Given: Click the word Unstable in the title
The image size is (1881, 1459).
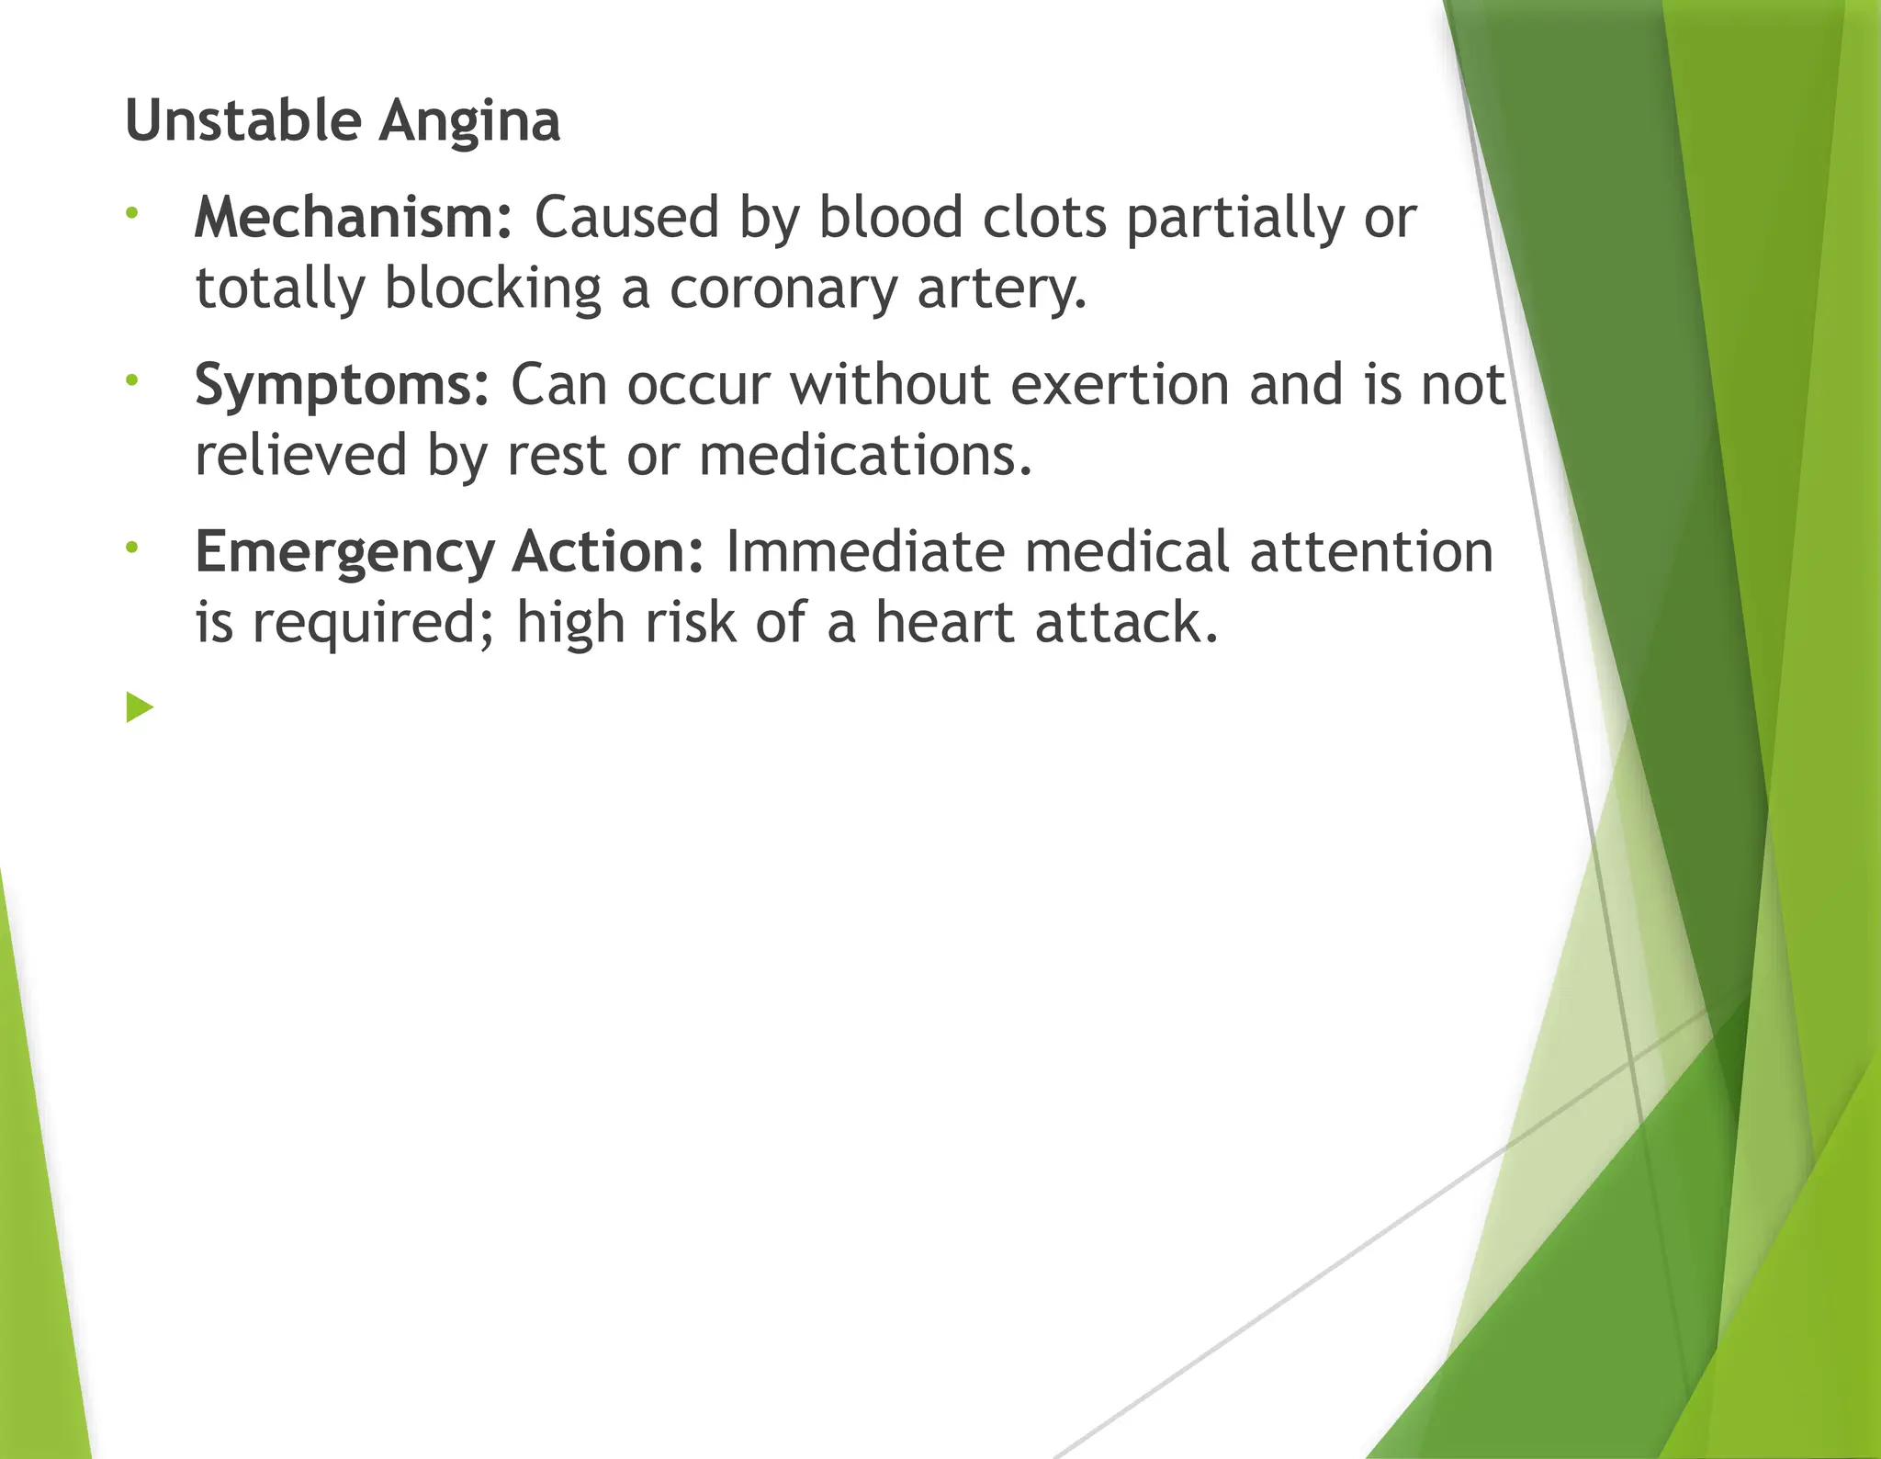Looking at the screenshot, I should click(x=242, y=121).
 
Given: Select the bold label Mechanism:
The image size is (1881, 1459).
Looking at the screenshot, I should click(x=353, y=219).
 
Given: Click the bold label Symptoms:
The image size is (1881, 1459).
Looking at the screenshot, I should click(x=342, y=386).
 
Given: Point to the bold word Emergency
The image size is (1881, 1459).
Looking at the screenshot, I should click(x=345, y=553).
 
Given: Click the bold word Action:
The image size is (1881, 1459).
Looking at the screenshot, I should click(x=608, y=551).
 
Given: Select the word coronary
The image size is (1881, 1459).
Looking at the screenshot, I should click(x=783, y=290).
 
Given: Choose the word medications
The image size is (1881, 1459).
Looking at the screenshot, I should click(x=865, y=456).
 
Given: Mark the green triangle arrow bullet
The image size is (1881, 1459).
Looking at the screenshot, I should click(x=140, y=707).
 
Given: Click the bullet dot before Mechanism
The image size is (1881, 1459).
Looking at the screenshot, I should click(x=132, y=214).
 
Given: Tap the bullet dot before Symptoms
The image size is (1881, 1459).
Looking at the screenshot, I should click(x=132, y=380).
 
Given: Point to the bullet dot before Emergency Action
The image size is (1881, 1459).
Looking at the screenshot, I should click(x=132, y=548).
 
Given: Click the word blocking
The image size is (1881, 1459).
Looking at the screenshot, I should click(x=492, y=290).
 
